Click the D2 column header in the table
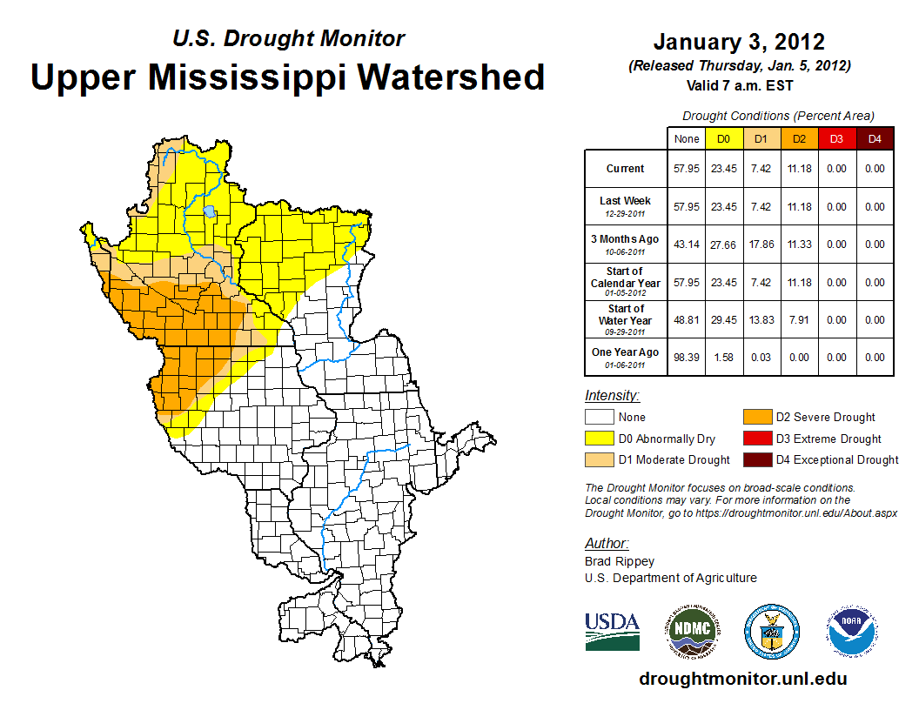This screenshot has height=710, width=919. tap(799, 138)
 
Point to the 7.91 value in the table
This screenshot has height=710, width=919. tap(799, 320)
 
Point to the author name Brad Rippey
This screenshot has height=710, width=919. tap(619, 561)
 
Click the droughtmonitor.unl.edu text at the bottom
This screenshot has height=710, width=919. tap(742, 679)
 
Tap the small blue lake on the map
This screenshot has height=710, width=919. tap(210, 211)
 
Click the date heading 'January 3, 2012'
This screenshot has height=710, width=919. tap(739, 42)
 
